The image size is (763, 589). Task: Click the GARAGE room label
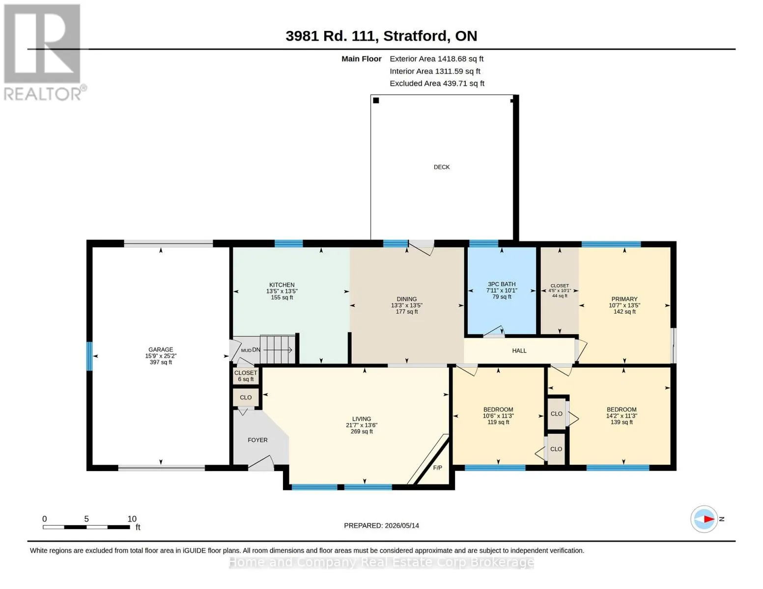[161, 349]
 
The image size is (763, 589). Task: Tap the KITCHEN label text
[282, 285]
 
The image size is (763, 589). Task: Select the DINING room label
[407, 299]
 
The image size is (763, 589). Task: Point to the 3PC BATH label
[502, 284]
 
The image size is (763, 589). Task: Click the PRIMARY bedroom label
[624, 299]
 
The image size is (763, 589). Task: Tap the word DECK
[441, 167]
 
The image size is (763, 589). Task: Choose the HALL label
[519, 350]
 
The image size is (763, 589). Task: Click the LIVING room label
[362, 419]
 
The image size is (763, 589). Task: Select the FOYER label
[257, 440]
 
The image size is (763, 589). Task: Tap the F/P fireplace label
[437, 468]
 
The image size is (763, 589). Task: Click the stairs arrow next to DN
[278, 350]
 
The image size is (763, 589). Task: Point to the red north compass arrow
[709, 519]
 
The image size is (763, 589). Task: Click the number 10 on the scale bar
[132, 519]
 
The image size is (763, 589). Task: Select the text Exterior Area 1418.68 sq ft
[436, 59]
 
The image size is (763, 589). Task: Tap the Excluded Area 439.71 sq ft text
[437, 83]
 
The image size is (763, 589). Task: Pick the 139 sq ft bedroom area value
[622, 422]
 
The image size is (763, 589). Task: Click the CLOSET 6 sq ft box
[246, 376]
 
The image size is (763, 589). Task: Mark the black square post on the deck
[376, 100]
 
